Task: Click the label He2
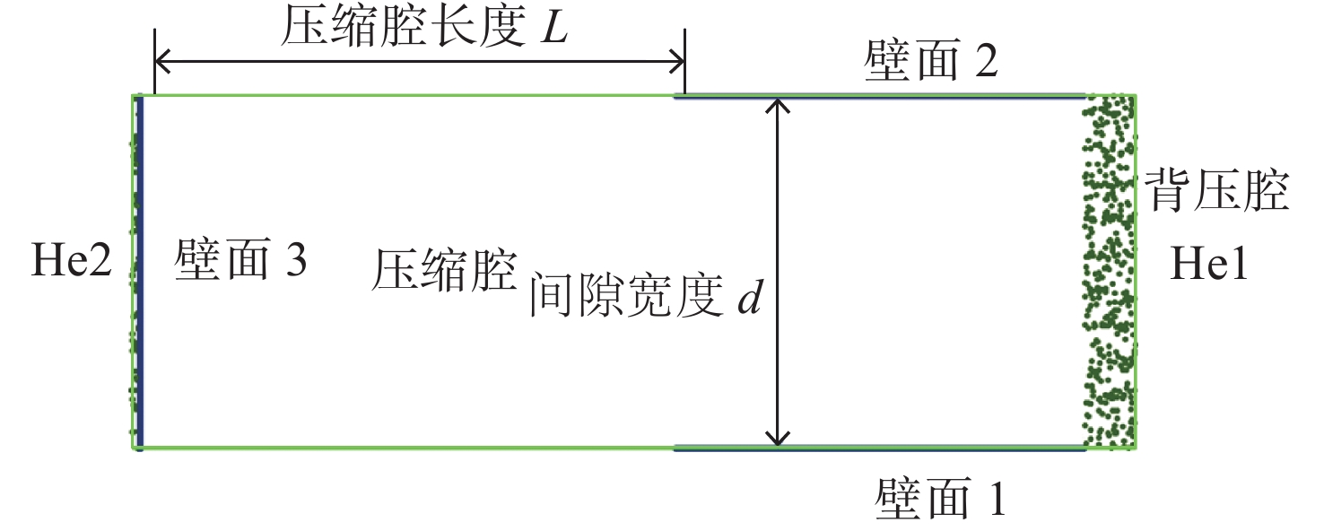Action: [72, 259]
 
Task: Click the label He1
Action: [1209, 263]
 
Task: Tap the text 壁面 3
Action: [240, 259]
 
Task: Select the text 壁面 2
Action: [931, 60]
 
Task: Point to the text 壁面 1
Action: [940, 499]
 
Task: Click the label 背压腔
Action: [1216, 190]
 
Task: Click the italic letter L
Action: [554, 27]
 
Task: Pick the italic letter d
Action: [750, 296]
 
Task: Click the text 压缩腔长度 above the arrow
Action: [403, 27]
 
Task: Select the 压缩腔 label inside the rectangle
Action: [445, 270]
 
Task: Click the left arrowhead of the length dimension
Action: [162, 61]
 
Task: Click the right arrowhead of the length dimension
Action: [677, 61]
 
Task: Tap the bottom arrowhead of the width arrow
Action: [778, 439]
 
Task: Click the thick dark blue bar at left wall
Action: [140, 272]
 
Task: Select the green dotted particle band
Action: [1108, 272]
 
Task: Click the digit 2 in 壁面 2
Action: [987, 61]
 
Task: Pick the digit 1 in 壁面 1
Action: [997, 499]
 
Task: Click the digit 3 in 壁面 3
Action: [297, 259]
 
